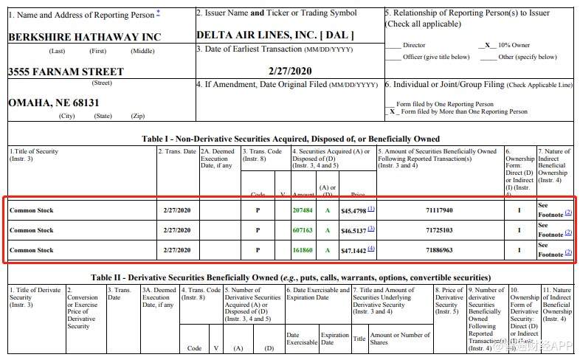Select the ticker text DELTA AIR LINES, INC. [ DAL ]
click(x=275, y=35)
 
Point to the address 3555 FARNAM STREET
click(x=66, y=72)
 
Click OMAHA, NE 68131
click(x=53, y=103)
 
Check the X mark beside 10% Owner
click(x=487, y=45)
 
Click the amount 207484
click(x=303, y=210)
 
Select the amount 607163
click(x=303, y=230)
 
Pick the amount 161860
click(x=303, y=250)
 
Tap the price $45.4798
click(x=354, y=210)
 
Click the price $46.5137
click(x=354, y=230)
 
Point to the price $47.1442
click(x=354, y=250)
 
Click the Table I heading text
click(x=291, y=139)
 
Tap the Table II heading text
click(x=291, y=277)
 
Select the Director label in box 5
click(x=414, y=45)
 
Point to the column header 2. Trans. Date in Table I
click(x=177, y=151)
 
